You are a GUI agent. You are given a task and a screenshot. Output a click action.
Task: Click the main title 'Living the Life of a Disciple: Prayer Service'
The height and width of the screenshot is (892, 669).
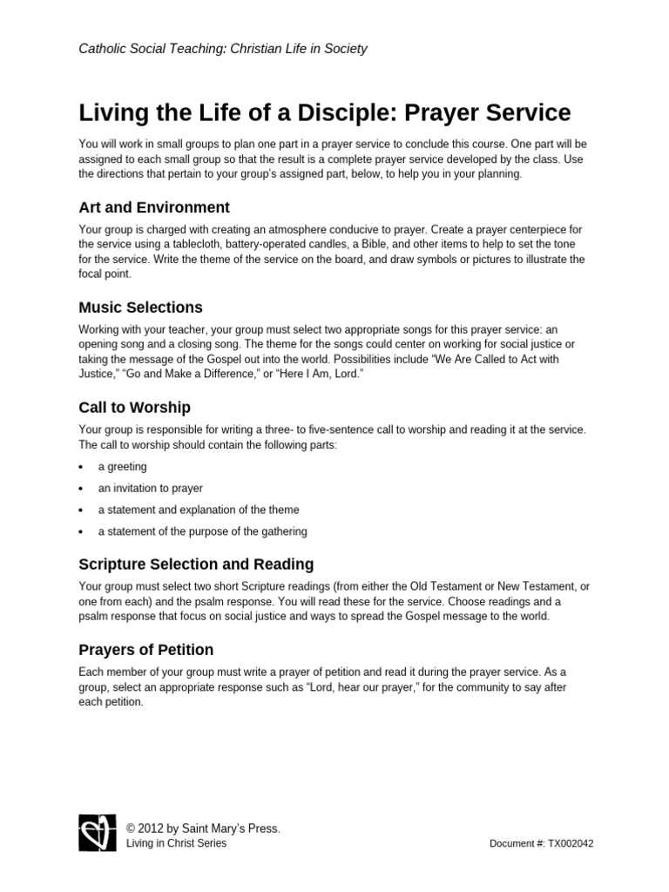coord(325,113)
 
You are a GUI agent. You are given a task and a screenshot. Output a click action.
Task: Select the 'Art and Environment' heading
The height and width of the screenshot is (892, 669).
coord(154,207)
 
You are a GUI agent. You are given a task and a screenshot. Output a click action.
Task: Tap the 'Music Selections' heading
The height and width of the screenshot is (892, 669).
coord(140,307)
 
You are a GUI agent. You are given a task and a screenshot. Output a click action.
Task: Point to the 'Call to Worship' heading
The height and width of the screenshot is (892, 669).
coord(134,408)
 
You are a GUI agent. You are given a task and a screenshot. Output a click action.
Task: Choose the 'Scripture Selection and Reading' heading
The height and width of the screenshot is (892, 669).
coord(196,564)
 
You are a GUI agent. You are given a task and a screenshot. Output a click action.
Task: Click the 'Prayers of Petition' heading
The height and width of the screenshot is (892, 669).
coord(145,650)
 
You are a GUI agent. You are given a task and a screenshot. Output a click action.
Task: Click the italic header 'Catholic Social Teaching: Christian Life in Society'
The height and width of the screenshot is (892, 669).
coord(223,49)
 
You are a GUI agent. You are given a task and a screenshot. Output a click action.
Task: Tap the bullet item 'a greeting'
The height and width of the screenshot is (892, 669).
coord(122,467)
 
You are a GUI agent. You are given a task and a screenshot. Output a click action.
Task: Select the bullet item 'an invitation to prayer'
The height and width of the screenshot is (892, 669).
coord(150,489)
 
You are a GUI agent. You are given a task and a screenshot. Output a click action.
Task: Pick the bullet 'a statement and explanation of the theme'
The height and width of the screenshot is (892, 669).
coord(198,510)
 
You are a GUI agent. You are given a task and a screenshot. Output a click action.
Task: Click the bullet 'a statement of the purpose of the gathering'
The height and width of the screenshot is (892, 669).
coord(202,531)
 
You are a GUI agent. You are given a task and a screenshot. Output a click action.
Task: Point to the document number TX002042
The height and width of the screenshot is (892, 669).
coord(542,844)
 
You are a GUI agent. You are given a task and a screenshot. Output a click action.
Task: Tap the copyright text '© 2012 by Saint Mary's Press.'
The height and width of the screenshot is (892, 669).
coord(203,828)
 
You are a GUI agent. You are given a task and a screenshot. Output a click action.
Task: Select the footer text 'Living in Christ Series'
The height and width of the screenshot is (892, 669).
coord(177,843)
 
